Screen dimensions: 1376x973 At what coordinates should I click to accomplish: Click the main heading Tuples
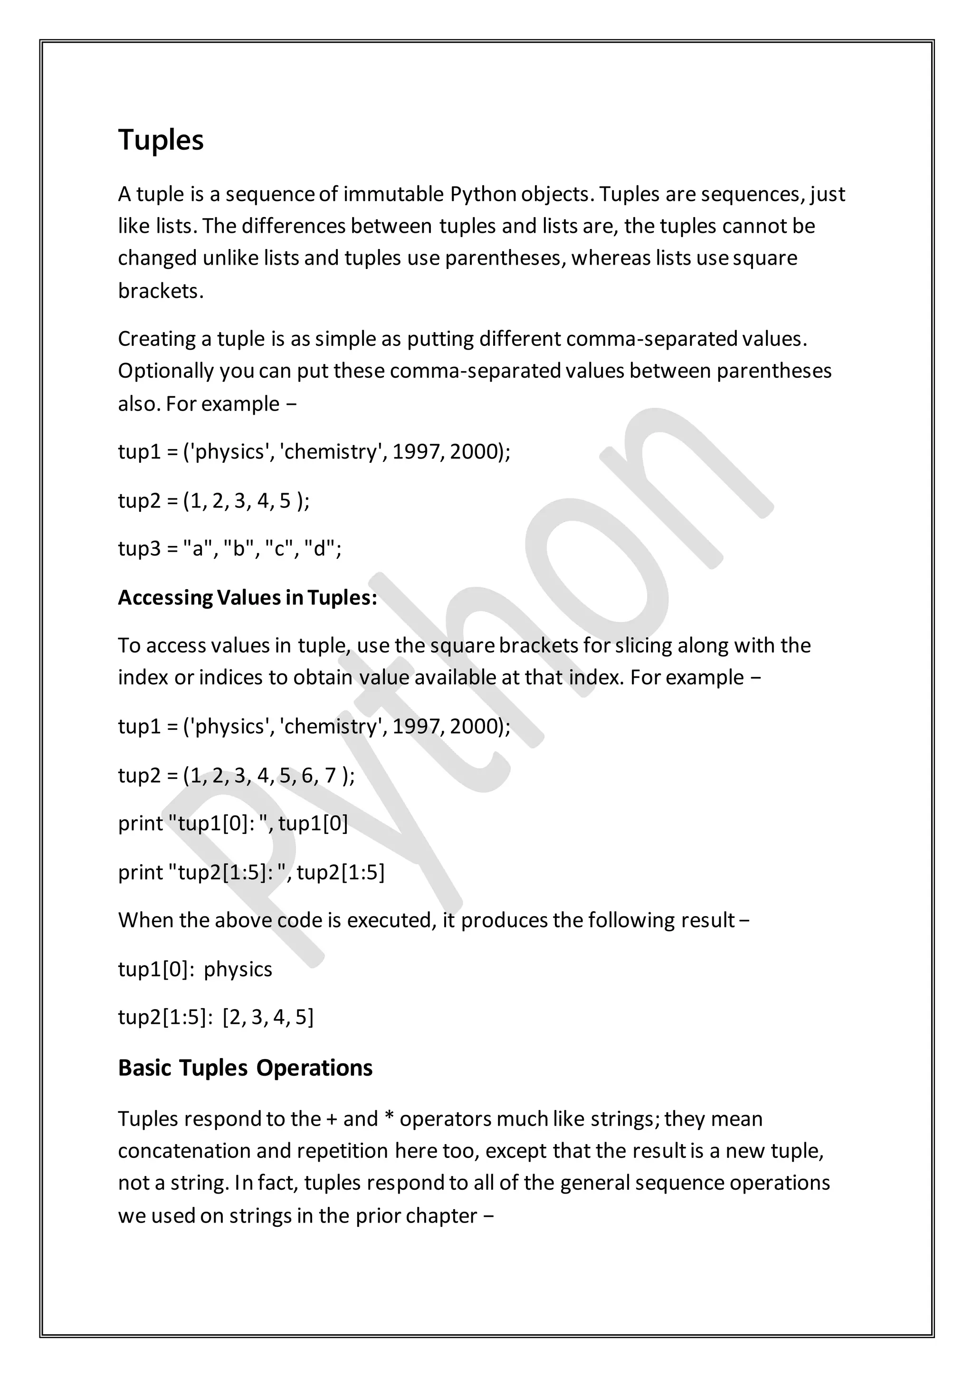[x=161, y=140]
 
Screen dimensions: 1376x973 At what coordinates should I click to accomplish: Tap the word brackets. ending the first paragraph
[x=161, y=291]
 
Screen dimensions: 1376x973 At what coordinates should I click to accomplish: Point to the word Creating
[x=156, y=339]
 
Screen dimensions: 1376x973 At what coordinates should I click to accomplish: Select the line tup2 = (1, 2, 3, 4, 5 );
[x=213, y=500]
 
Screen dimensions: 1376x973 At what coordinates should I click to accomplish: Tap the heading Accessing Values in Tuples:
[x=248, y=598]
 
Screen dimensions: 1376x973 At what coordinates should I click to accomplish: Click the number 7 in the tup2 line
[x=330, y=775]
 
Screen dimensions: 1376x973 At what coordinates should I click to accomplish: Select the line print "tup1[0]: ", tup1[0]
[x=232, y=823]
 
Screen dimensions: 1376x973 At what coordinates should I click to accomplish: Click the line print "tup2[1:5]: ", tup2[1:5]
[x=251, y=872]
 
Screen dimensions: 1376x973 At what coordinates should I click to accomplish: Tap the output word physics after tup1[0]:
[x=238, y=969]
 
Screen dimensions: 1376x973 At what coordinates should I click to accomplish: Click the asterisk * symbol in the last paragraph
[x=388, y=1118]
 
